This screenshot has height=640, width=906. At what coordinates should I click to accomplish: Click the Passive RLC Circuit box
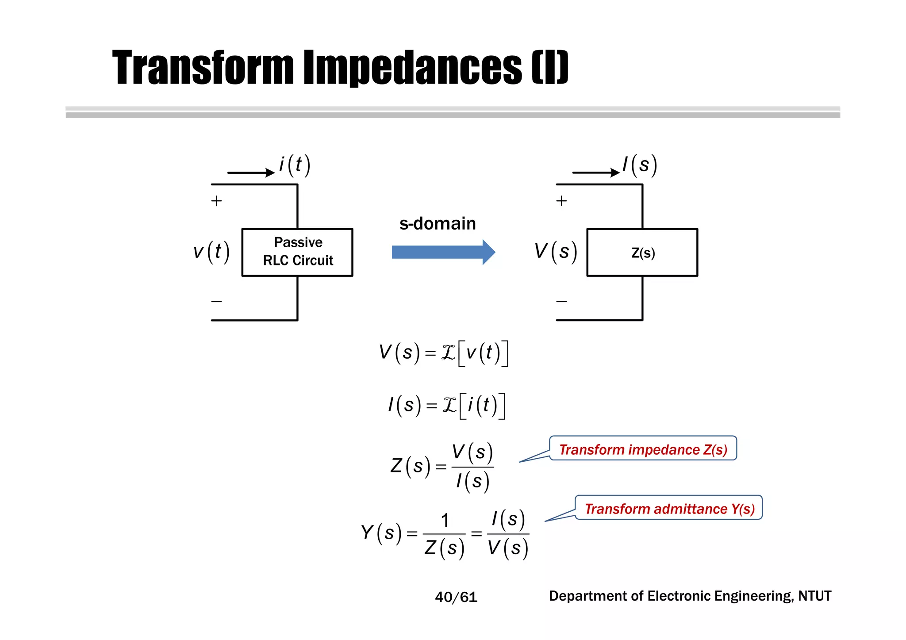click(297, 252)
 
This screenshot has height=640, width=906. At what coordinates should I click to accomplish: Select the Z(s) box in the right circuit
click(642, 253)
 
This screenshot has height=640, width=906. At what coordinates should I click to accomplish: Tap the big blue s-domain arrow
click(443, 252)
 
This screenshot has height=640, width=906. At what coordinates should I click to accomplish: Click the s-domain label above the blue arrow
click(437, 223)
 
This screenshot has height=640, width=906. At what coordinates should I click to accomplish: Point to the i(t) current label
click(295, 165)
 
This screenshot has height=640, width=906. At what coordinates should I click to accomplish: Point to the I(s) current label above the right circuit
click(640, 165)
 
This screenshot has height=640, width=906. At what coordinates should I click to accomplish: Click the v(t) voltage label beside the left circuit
click(211, 252)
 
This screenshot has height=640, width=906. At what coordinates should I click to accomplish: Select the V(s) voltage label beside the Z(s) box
click(556, 251)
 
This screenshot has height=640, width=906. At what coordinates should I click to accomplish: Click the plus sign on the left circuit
click(216, 201)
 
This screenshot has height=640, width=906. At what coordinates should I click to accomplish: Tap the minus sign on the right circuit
click(561, 302)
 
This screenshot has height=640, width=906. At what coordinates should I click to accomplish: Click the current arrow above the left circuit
click(250, 172)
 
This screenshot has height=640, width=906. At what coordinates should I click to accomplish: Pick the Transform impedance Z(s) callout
click(643, 449)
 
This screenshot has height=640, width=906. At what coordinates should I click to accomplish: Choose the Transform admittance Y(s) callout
click(669, 508)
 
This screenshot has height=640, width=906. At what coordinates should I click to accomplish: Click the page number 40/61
click(456, 597)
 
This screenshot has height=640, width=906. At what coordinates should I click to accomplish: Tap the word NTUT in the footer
click(814, 596)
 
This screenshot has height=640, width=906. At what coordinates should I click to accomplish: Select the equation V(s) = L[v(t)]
click(444, 353)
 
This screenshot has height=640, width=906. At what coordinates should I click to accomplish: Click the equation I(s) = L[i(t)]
click(446, 405)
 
